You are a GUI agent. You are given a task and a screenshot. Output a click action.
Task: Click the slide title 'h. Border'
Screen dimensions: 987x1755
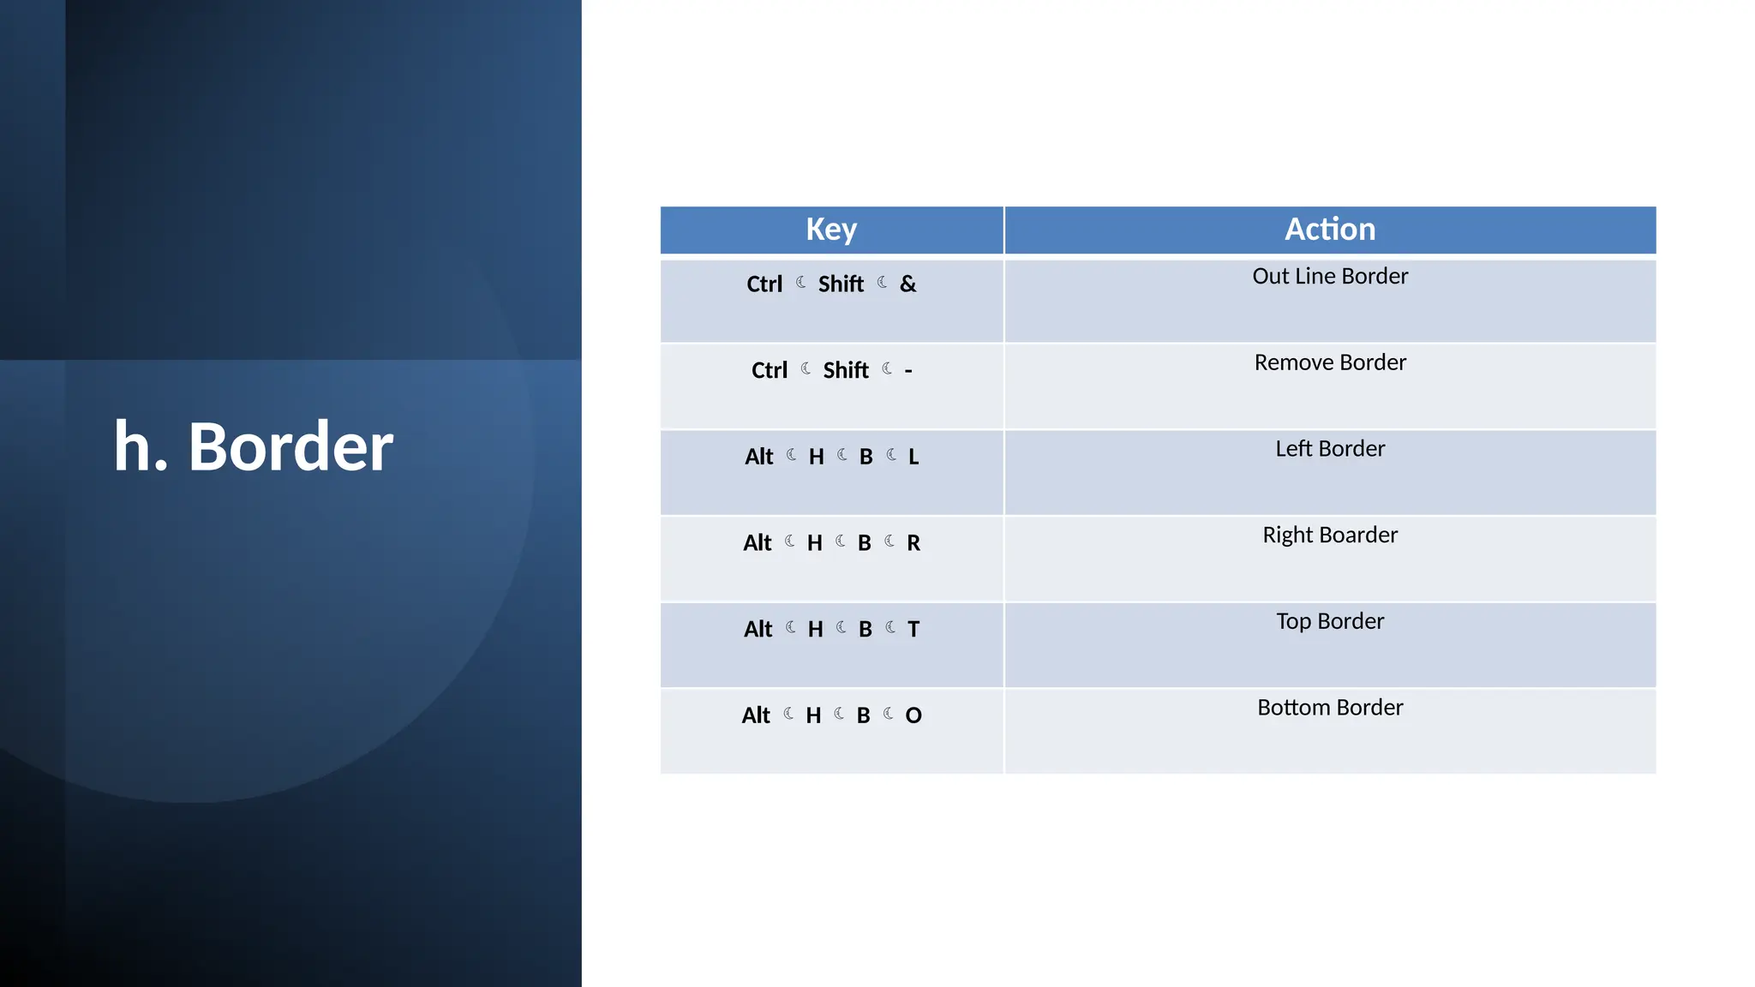point(254,446)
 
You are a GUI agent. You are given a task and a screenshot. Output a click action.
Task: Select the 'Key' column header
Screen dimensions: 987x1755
point(830,230)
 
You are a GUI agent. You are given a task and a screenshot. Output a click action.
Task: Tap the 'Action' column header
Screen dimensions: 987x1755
point(1329,230)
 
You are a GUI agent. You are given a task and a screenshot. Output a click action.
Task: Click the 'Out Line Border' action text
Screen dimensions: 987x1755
point(1329,277)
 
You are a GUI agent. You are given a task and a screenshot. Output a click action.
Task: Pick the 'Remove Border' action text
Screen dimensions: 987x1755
point(1329,362)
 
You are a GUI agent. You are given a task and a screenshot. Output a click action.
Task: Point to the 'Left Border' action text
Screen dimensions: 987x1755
point(1329,449)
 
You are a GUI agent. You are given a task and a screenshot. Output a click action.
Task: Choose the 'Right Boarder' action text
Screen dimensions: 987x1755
point(1329,535)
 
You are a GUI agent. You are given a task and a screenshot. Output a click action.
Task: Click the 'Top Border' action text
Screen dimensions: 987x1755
point(1329,621)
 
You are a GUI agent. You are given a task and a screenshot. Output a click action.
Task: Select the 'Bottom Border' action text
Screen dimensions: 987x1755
point(1329,708)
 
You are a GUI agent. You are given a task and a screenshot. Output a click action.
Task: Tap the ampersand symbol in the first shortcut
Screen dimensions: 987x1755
point(907,284)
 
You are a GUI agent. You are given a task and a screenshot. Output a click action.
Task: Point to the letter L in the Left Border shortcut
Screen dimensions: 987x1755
point(913,458)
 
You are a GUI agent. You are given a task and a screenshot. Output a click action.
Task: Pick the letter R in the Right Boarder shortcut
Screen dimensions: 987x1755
point(913,543)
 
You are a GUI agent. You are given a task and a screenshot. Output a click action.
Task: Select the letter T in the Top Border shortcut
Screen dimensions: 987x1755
point(913,630)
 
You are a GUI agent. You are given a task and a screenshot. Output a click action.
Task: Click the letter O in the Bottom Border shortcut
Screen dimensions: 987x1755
point(913,715)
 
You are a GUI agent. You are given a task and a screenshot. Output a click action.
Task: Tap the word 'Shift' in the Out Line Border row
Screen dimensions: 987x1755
point(841,284)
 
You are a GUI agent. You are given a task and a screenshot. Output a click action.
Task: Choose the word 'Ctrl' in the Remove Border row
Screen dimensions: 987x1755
point(769,371)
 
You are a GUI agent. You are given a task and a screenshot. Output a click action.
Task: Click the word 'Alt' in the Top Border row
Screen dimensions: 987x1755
point(758,630)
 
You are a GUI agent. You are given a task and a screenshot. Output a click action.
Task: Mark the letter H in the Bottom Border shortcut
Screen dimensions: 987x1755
point(813,715)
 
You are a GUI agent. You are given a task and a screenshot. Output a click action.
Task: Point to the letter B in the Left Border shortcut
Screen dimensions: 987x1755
point(866,458)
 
